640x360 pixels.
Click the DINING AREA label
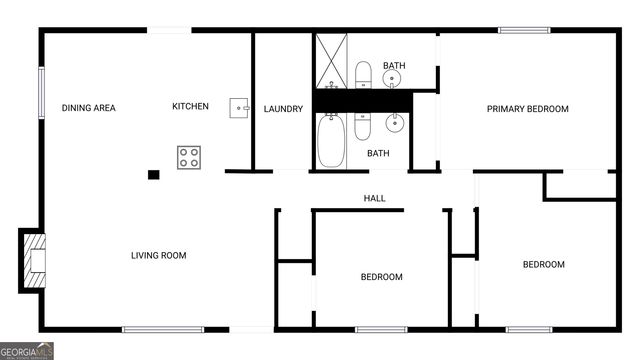click(x=88, y=108)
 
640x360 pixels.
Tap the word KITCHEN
click(x=190, y=106)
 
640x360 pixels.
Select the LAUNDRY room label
click(x=283, y=109)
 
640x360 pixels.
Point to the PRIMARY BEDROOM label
click(x=527, y=109)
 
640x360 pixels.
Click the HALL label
click(x=374, y=199)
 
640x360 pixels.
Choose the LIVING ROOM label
click(x=159, y=255)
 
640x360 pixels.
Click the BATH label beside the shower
click(x=393, y=66)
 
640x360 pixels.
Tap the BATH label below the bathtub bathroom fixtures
click(x=378, y=153)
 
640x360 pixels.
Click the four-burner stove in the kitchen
click(x=190, y=156)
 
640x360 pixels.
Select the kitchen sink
click(x=239, y=106)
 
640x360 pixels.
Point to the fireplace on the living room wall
click(x=33, y=259)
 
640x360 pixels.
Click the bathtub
click(x=330, y=140)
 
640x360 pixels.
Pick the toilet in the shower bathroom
click(x=362, y=75)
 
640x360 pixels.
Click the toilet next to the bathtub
click(x=362, y=127)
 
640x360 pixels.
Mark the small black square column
click(x=153, y=175)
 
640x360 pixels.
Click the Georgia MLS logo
click(x=27, y=351)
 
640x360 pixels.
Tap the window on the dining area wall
click(x=41, y=92)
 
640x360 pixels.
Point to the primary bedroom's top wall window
click(x=524, y=30)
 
